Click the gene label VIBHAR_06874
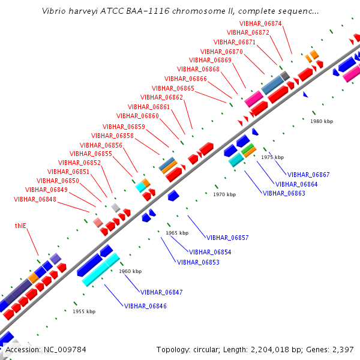pyautogui.click(x=260, y=23)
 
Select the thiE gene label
pyautogui.click(x=20, y=226)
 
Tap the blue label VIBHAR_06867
pyautogui.click(x=308, y=175)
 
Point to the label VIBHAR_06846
pyautogui.click(x=145, y=306)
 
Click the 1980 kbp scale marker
pyautogui.click(x=322, y=121)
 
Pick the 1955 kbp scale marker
pyautogui.click(x=84, y=311)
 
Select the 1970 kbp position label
pyautogui.click(x=224, y=194)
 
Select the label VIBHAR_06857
pyautogui.click(x=227, y=238)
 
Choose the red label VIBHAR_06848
pyautogui.click(x=35, y=199)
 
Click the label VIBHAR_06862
pyautogui.click(x=161, y=97)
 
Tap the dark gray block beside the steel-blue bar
pyautogui.click(x=285, y=76)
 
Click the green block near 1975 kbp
pyautogui.click(x=247, y=149)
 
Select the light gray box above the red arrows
pyautogui.click(x=116, y=208)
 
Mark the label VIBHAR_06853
pyautogui.click(x=198, y=262)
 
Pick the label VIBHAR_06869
pyautogui.click(x=210, y=60)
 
